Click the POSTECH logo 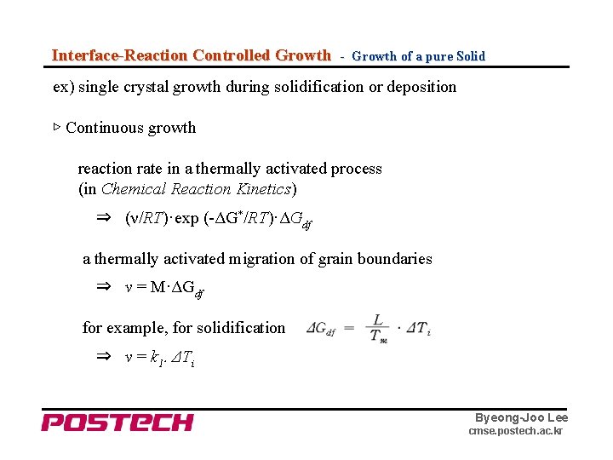point(117,422)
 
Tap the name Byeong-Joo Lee point(521,417)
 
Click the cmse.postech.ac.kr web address point(515,432)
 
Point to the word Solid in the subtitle point(470,56)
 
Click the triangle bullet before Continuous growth point(57,128)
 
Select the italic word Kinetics point(263,189)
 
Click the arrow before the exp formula point(103,218)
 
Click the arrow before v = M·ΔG point(103,288)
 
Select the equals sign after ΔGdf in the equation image point(349,328)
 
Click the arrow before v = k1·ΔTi point(103,358)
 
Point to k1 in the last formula point(155,359)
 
